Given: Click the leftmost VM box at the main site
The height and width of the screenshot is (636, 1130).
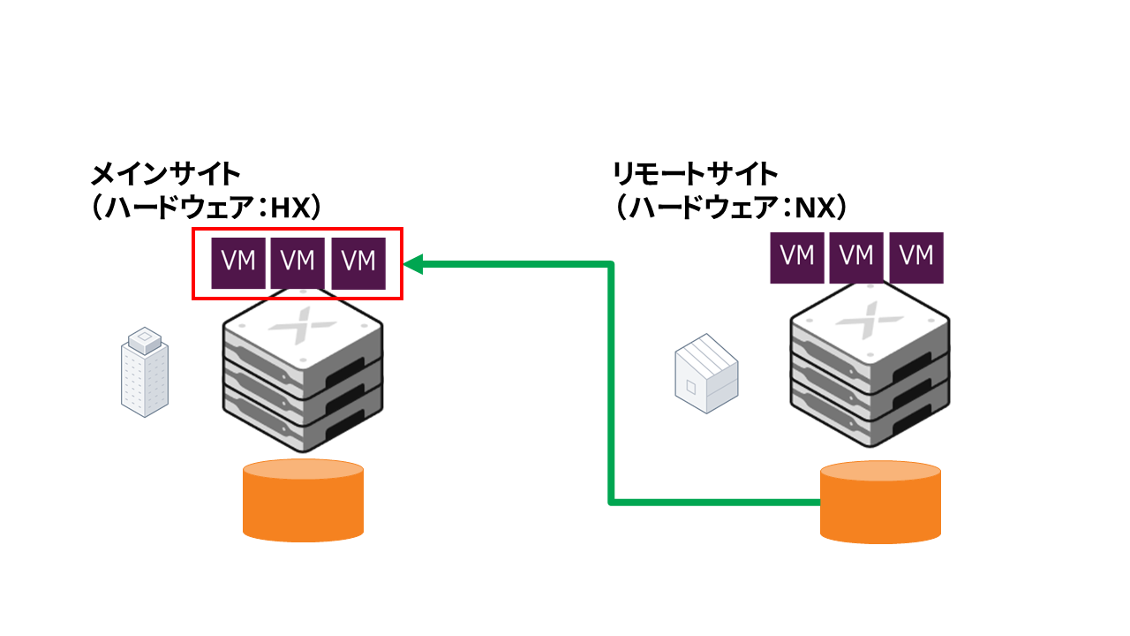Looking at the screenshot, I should click(x=238, y=262).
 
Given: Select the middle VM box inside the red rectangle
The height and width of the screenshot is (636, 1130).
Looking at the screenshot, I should click(x=298, y=262).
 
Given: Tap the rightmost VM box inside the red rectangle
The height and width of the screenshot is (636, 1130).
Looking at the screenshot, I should click(x=358, y=262).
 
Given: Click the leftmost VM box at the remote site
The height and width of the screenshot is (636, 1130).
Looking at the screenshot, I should click(x=797, y=257).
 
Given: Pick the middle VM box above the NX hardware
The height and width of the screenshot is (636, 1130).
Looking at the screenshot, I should click(x=856, y=257).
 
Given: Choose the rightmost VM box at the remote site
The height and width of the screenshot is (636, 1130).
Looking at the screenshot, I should click(x=916, y=257).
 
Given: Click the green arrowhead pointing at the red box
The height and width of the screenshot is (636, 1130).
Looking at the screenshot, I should click(x=413, y=263).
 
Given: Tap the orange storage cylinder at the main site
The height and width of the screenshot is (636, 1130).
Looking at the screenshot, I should click(x=303, y=501).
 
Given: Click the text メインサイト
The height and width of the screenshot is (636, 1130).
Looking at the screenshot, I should click(x=166, y=172).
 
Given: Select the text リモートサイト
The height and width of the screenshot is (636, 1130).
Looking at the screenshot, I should click(x=696, y=172).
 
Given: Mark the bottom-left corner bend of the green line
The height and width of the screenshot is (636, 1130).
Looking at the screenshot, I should click(x=611, y=503).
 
